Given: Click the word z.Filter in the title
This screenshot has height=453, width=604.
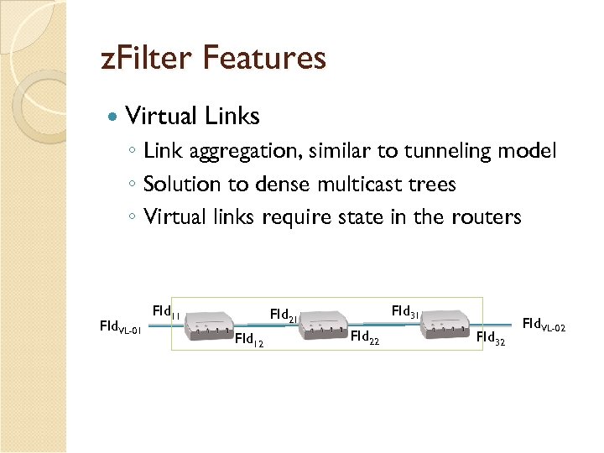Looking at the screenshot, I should (147, 59).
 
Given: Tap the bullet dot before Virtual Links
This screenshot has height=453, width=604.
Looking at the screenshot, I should (112, 116).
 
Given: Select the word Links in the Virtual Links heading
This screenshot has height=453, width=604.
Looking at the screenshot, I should (229, 116).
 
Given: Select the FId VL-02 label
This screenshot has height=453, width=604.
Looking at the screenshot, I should (544, 324).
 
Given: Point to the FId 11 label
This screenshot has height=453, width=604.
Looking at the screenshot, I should (166, 312).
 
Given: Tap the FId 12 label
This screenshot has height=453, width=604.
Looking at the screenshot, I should (249, 340).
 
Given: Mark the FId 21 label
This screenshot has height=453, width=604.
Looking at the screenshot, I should (284, 316).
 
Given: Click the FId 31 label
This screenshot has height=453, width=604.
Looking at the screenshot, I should (406, 313).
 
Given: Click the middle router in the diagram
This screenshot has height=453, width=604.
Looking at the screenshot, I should (323, 325).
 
